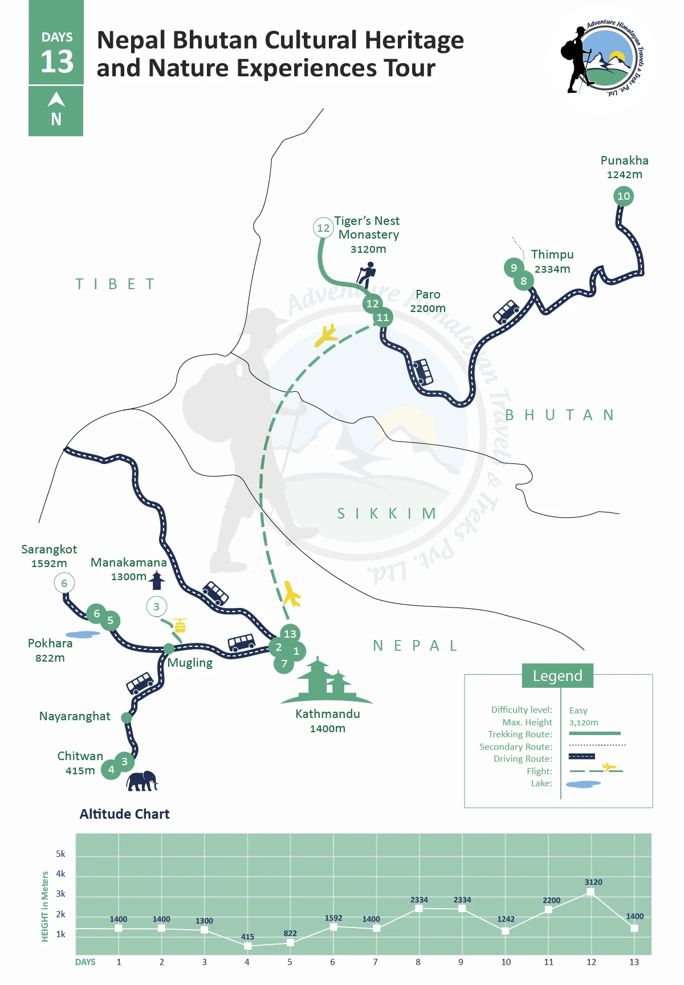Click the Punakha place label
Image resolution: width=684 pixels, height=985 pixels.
[624, 161]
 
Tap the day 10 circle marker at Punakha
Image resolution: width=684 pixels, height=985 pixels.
[624, 196]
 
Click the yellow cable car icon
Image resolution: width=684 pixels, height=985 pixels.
[180, 626]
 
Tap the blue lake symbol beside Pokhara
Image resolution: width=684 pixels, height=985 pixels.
[82, 634]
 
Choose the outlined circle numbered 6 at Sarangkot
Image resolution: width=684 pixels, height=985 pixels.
[64, 583]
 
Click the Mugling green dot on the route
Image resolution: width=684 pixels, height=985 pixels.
[169, 649]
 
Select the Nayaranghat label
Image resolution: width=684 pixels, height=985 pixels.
[75, 716]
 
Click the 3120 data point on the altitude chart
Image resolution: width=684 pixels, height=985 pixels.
[591, 892]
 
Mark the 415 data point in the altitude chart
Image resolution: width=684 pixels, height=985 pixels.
[247, 946]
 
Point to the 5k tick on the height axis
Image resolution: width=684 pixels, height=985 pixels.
[60, 854]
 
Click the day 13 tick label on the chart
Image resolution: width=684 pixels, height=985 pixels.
[634, 962]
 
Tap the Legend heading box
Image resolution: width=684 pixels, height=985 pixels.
[557, 676]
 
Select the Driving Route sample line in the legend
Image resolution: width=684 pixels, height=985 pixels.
[581, 757]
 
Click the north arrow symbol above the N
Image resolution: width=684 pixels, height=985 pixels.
[56, 100]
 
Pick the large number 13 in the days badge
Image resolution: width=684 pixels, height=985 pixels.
[57, 61]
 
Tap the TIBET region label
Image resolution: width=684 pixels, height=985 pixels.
[115, 284]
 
